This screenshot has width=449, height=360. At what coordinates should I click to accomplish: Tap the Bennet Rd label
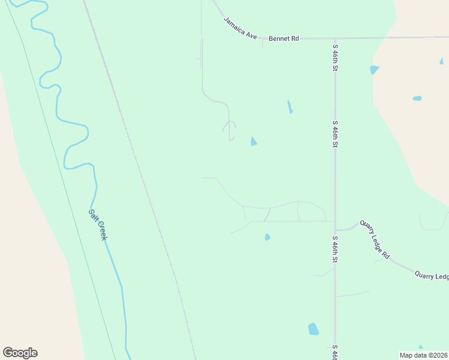coord(283,38)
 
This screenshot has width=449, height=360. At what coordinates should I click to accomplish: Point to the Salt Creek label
coord(98,224)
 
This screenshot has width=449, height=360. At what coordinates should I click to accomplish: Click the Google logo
coord(20,353)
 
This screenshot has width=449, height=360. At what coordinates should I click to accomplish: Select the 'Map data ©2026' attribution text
coord(424,355)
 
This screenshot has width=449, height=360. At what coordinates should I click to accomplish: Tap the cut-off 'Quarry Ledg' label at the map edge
coord(432,275)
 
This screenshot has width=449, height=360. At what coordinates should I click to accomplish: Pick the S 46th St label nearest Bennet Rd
coord(335,56)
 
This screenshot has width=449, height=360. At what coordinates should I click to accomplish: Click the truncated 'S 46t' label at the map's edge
coord(335,352)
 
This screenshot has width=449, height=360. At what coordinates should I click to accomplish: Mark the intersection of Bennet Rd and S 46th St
coord(334,38)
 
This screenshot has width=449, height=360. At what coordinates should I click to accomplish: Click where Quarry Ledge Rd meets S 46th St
coord(335,230)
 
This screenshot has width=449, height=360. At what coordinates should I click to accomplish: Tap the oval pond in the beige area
coord(417,98)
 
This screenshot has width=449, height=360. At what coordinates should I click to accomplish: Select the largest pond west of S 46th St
coord(313,329)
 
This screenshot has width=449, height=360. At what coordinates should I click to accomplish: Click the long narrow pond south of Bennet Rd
coord(289,106)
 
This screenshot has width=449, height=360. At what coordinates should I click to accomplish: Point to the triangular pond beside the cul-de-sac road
coord(253,141)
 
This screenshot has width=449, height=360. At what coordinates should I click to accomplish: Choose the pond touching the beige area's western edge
coord(375,70)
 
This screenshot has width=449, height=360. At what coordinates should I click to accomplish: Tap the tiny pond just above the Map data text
coord(420,347)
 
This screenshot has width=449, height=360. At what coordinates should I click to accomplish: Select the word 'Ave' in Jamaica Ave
coord(252,35)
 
